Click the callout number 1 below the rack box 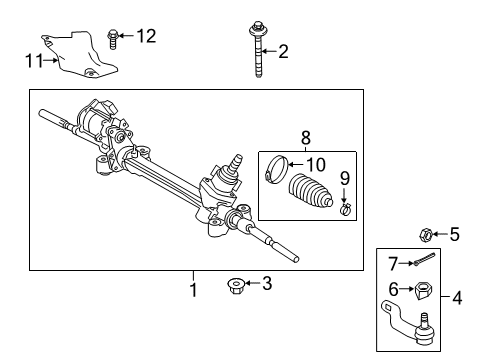pos(194,289)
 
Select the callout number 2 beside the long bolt pos(283,50)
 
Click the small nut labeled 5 pos(424,236)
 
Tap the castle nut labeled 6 pos(422,291)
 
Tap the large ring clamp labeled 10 pos(276,171)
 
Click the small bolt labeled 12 pos(112,41)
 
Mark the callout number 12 pos(146,37)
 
